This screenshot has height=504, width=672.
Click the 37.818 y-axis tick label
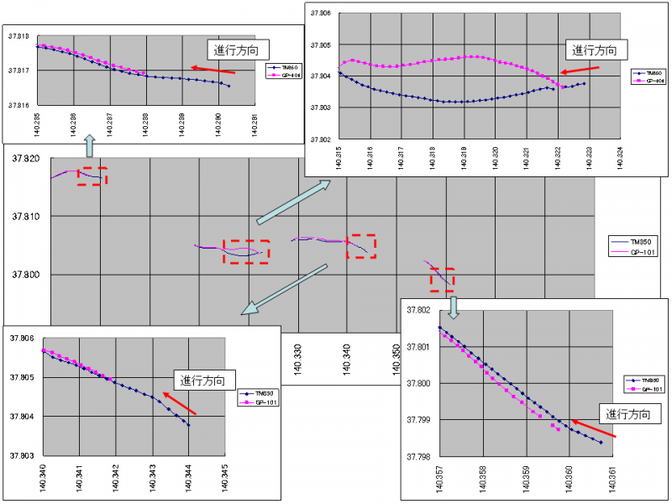point(18,36)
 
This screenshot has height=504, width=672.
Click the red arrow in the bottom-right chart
point(593,428)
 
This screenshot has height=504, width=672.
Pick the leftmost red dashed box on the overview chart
point(92,176)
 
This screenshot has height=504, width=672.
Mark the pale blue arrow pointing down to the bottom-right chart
point(454,307)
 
